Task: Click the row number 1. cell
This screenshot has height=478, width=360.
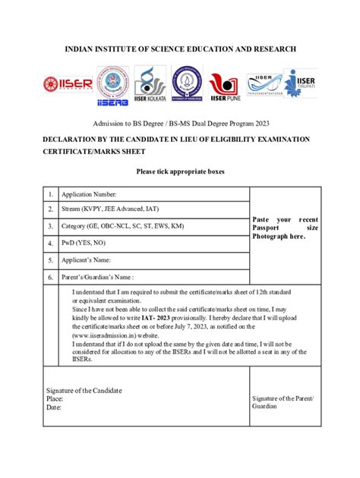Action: pyautogui.click(x=50, y=193)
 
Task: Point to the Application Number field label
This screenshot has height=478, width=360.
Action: pyautogui.click(x=94, y=193)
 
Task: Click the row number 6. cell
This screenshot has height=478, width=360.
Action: pyautogui.click(x=50, y=277)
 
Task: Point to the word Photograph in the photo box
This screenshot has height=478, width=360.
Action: pyautogui.click(x=271, y=237)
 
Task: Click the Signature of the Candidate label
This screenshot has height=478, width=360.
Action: pyautogui.click(x=84, y=391)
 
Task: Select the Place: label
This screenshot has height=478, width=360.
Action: pyautogui.click(x=55, y=398)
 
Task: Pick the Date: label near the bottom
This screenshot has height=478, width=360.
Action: pyautogui.click(x=53, y=407)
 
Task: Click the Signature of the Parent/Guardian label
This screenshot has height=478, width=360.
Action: pyautogui.click(x=281, y=402)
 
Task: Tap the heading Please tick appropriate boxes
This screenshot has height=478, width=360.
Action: pyautogui.click(x=180, y=171)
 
